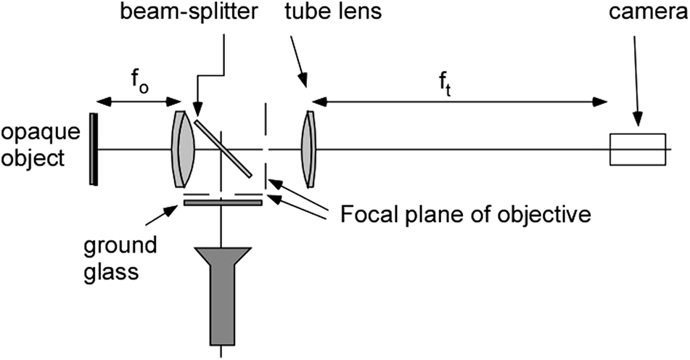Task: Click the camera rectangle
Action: pyautogui.click(x=638, y=150)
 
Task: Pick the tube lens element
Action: pyautogui.click(x=309, y=149)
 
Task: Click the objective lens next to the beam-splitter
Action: pyautogui.click(x=184, y=149)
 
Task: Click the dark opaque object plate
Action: pyautogui.click(x=94, y=149)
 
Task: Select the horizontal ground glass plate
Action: pyautogui.click(x=222, y=202)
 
